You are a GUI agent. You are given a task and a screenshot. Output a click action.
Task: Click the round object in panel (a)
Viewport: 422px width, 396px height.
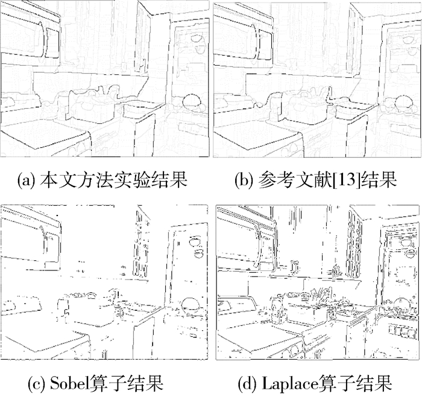pos(192,101)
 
